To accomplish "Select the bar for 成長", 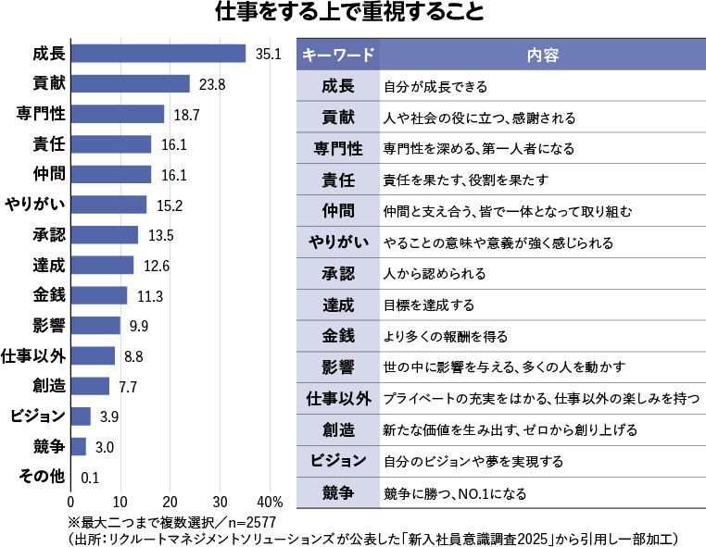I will coord(158,54).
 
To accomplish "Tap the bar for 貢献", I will coord(131,84).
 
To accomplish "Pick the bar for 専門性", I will coord(118,114).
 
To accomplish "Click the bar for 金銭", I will coord(99,295).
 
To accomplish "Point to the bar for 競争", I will coord(79,447).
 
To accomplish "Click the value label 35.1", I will coord(269,54).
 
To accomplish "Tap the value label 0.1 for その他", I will coord(90,478).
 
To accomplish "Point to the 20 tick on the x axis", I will coord(170,501).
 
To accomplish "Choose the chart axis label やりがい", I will coord(34,205).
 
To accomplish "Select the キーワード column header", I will coord(338,56).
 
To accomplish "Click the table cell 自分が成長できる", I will coord(435,88).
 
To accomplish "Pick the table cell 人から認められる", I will coord(435,275).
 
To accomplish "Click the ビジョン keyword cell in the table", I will coord(338,461).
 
